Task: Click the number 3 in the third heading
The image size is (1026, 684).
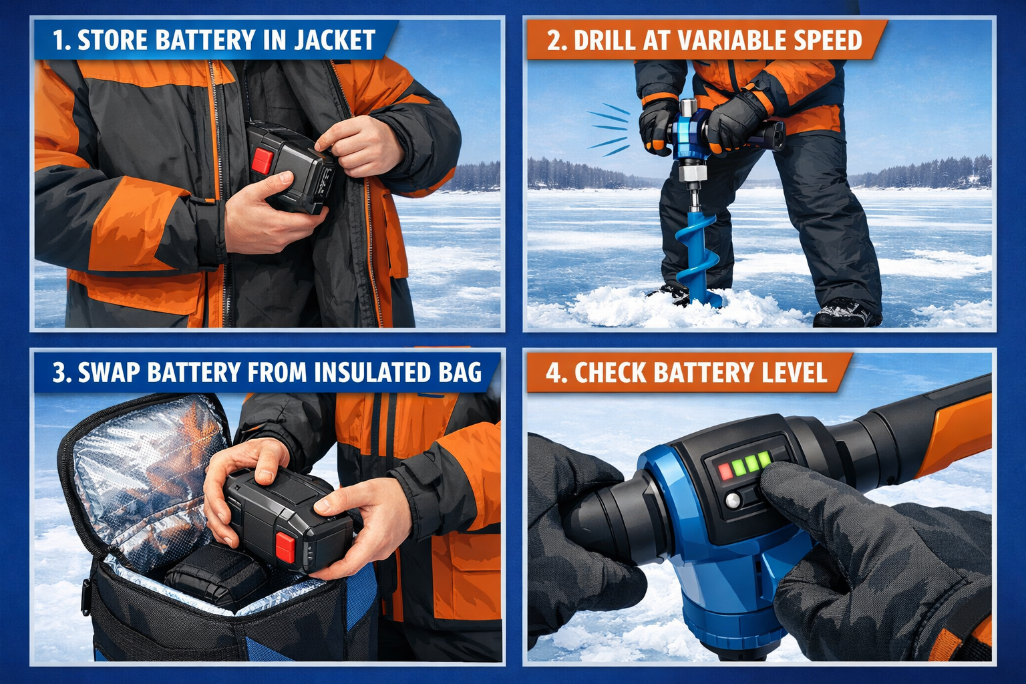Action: [59, 373]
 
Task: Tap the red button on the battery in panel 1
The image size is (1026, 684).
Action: [263, 160]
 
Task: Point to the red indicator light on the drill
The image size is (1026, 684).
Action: [725, 472]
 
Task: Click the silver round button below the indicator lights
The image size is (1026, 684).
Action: [733, 500]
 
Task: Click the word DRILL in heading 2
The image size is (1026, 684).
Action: [605, 40]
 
